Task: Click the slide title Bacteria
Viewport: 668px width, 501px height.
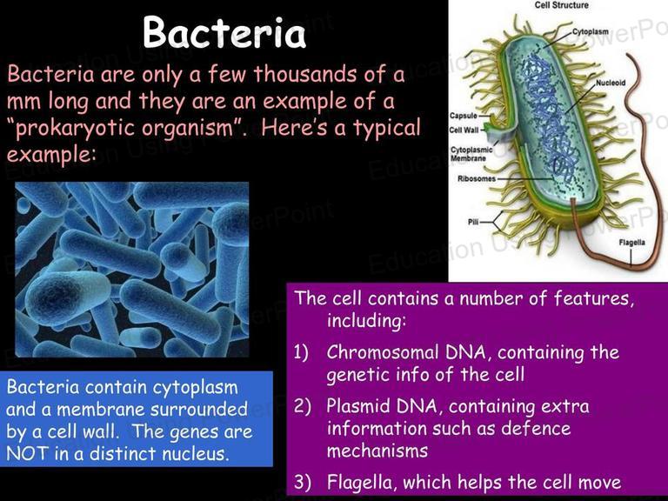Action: point(224,33)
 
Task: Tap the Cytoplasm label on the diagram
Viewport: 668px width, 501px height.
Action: point(590,31)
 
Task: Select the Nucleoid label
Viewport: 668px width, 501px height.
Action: point(611,83)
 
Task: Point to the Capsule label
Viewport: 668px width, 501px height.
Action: point(463,116)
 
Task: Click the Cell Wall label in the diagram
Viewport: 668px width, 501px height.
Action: point(464,130)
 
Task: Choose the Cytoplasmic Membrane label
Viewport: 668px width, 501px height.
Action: point(471,154)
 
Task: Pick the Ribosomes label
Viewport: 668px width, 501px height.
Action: point(477,178)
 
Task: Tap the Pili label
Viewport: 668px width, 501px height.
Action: point(473,222)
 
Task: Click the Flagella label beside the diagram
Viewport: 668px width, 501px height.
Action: point(631,243)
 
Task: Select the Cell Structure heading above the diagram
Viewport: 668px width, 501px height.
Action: point(562,5)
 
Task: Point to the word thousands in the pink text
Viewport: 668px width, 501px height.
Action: point(305,74)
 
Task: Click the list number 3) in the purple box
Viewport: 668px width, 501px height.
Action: point(302,482)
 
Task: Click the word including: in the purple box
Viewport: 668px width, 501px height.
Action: point(367,320)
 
